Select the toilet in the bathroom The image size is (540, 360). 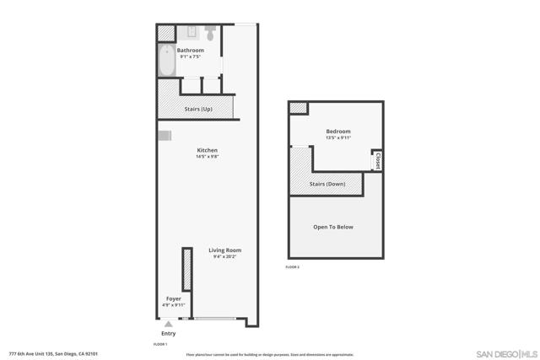point(209,32)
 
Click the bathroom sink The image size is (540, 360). point(190,33)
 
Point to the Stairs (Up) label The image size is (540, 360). point(198,109)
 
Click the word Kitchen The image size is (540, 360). point(207,150)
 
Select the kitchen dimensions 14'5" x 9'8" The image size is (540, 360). point(207,157)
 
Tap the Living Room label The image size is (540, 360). point(225,250)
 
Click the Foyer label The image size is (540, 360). point(173,298)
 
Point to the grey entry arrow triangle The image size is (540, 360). point(168,324)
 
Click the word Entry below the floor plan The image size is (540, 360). point(168,333)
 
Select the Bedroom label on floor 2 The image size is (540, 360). point(338,132)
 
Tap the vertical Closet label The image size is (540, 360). point(378,160)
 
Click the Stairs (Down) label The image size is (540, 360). point(327,184)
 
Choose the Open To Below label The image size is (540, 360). point(332,227)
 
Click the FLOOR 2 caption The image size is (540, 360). point(293,267)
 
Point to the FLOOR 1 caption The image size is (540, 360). point(160,344)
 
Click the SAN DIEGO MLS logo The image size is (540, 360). point(506,353)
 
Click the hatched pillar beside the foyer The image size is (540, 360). point(185,270)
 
